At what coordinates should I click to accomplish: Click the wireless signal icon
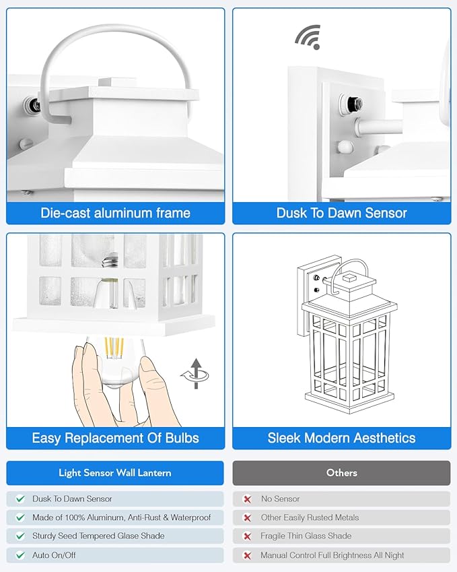pyautogui.click(x=307, y=36)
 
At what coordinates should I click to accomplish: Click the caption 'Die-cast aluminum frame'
pyautogui.click(x=115, y=213)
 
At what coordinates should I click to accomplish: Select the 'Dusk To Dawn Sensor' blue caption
pyautogui.click(x=341, y=213)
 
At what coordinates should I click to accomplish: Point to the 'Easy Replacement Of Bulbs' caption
pyautogui.click(x=115, y=438)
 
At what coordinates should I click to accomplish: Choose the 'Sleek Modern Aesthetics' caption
pyautogui.click(x=341, y=438)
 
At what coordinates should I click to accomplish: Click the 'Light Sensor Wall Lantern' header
pyautogui.click(x=115, y=473)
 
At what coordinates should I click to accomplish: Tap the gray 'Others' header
pyautogui.click(x=341, y=473)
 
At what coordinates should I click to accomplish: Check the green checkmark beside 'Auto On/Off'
pyautogui.click(x=20, y=555)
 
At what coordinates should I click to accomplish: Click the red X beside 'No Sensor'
pyautogui.click(x=247, y=499)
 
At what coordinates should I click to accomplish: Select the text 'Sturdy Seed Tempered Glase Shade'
pyautogui.click(x=98, y=536)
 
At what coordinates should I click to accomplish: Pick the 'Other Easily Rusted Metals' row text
pyautogui.click(x=310, y=517)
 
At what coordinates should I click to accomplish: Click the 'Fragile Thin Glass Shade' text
pyautogui.click(x=306, y=536)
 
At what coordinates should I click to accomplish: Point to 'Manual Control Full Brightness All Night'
pyautogui.click(x=332, y=555)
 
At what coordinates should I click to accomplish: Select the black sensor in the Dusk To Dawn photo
pyautogui.click(x=353, y=104)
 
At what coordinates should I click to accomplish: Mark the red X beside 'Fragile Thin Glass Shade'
pyautogui.click(x=247, y=536)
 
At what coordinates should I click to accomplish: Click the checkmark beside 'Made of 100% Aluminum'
pyautogui.click(x=20, y=517)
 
